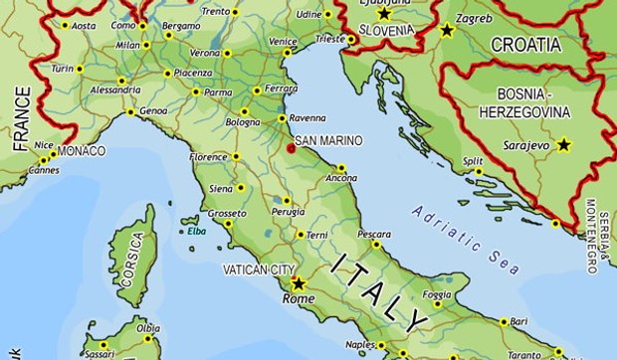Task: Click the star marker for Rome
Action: click(298, 282)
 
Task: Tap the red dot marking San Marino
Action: click(291, 148)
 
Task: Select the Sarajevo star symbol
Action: click(564, 144)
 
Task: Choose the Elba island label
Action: click(194, 232)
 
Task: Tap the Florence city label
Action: click(209, 157)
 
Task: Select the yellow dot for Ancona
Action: click(341, 167)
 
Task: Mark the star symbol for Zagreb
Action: click(447, 31)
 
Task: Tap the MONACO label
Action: click(82, 151)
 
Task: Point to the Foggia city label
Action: click(436, 294)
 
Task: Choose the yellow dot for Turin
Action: click(80, 69)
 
